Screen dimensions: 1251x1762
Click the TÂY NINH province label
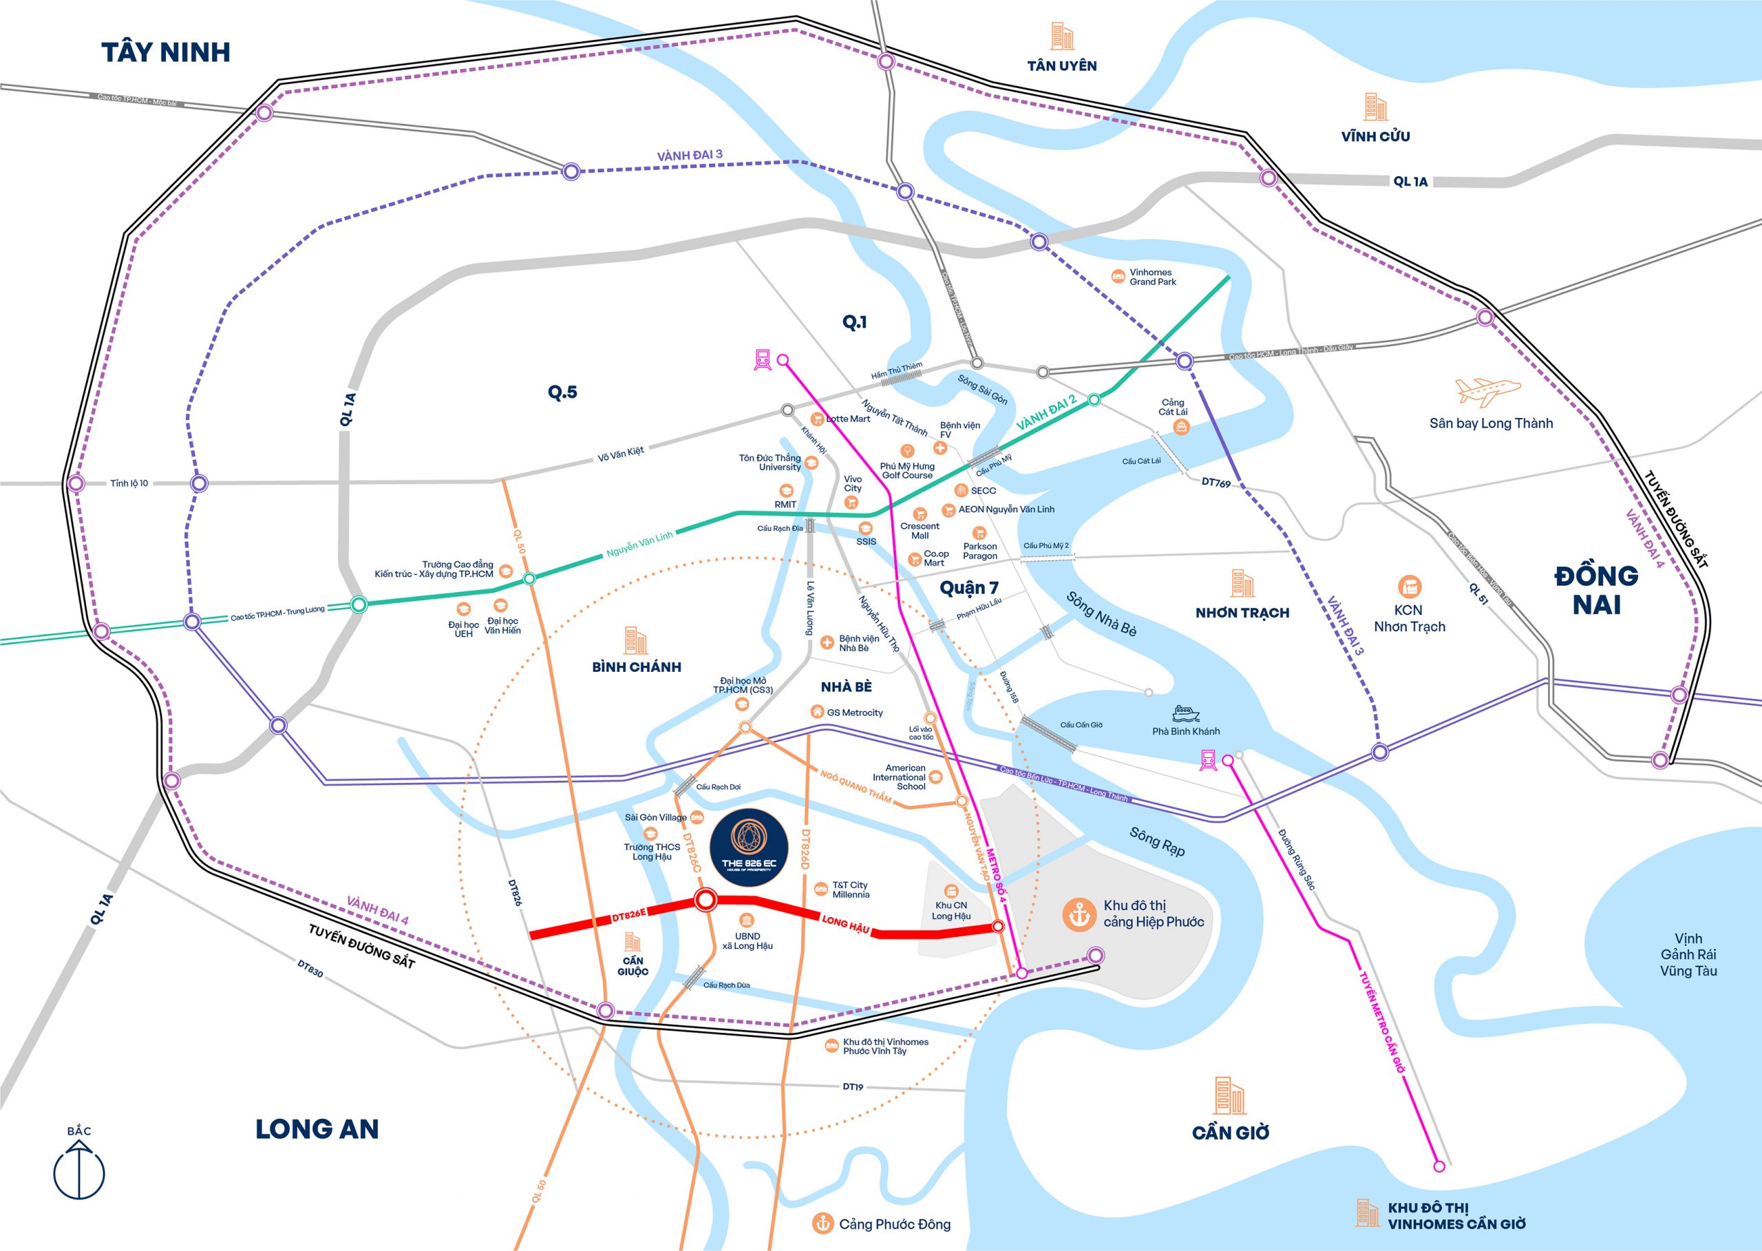[166, 52]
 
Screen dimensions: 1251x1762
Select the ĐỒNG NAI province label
[1595, 590]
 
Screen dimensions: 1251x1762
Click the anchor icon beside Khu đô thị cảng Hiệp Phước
[1079, 914]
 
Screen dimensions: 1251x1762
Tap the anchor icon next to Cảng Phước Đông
[823, 1223]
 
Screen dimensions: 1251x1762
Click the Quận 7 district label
[969, 589]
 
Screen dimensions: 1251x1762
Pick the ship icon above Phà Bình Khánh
[1186, 713]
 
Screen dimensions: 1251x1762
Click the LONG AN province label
[317, 1129]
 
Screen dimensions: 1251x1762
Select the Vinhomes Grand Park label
[1152, 277]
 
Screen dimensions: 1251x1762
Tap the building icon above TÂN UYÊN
[1062, 37]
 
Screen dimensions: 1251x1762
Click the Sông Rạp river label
[1157, 841]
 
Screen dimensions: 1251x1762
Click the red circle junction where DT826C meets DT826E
[705, 900]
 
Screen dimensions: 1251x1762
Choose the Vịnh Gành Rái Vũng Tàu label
[1688, 955]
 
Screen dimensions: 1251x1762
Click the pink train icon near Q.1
[763, 359]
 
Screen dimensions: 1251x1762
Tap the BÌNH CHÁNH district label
[636, 667]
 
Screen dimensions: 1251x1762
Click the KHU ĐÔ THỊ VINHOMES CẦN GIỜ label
[1456, 1216]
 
